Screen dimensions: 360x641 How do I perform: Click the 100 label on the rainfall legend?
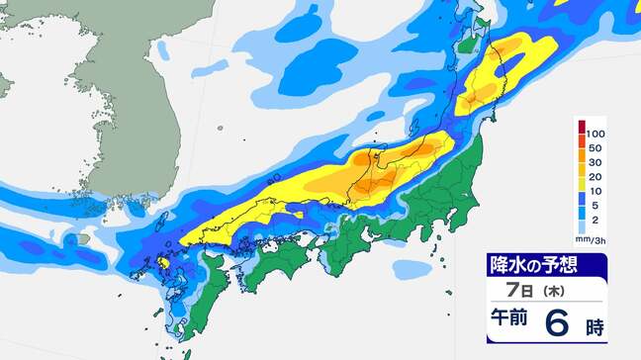[595, 133]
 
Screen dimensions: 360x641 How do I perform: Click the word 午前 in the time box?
[508, 321]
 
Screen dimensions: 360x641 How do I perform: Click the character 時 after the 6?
[596, 324]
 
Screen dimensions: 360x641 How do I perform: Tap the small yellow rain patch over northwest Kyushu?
[161, 263]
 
